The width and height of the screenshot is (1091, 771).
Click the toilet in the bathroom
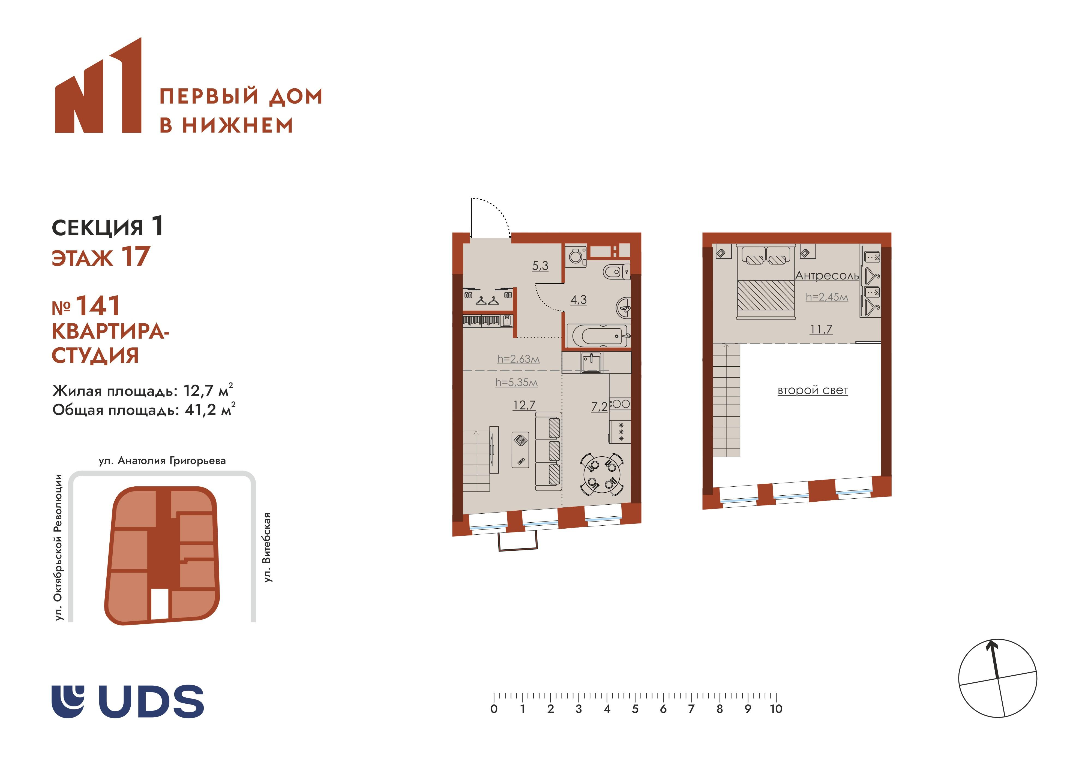(617, 272)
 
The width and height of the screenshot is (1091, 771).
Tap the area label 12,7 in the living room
(524, 405)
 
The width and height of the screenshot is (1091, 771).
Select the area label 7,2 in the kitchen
(599, 407)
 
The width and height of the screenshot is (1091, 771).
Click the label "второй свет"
(813, 390)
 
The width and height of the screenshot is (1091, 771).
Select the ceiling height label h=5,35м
(517, 382)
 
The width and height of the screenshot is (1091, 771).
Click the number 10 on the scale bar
(776, 709)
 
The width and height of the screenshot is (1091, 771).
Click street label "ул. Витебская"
(268, 547)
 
